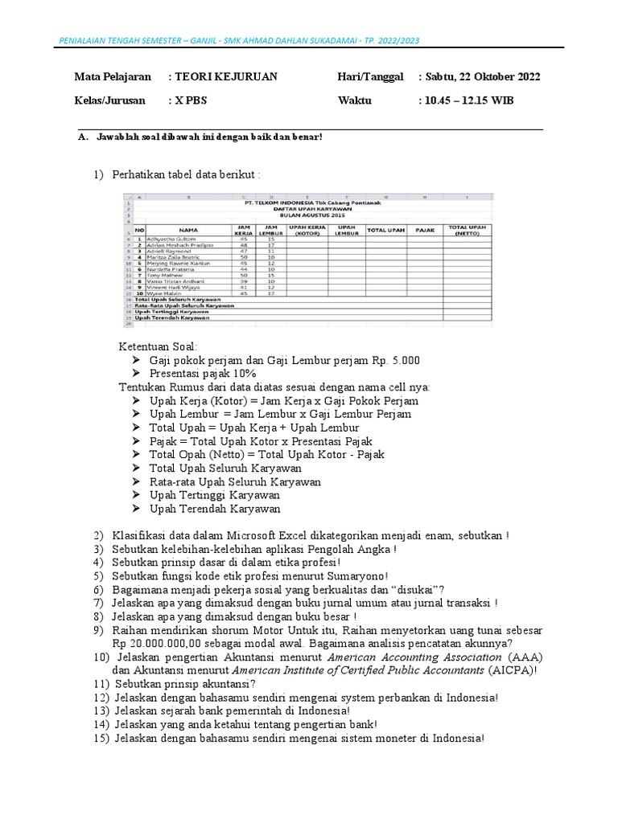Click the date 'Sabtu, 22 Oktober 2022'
(x=484, y=76)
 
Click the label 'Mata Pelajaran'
(x=113, y=76)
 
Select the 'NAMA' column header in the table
(x=188, y=230)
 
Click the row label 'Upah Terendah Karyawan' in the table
(x=172, y=317)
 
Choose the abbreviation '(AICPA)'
(x=509, y=670)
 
